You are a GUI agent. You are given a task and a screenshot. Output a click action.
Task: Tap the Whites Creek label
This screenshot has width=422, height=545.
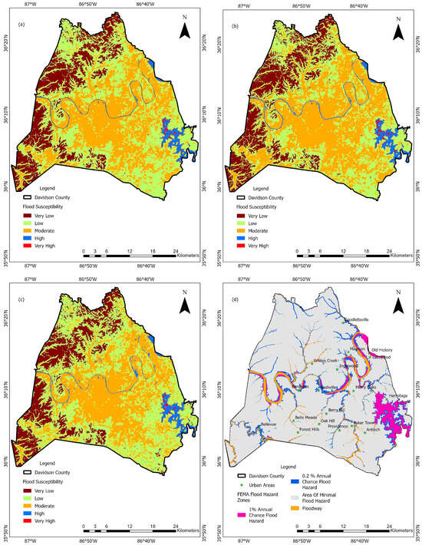coord(325,359)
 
